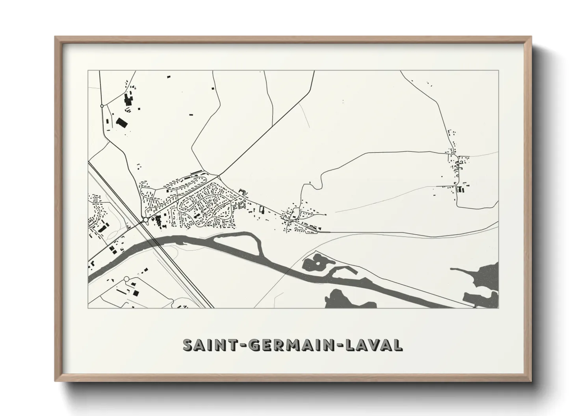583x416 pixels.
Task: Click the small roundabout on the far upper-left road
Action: pyautogui.click(x=102, y=106)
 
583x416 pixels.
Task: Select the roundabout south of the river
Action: pyautogui.click(x=126, y=279)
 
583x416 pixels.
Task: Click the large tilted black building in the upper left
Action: pyautogui.click(x=122, y=122)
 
